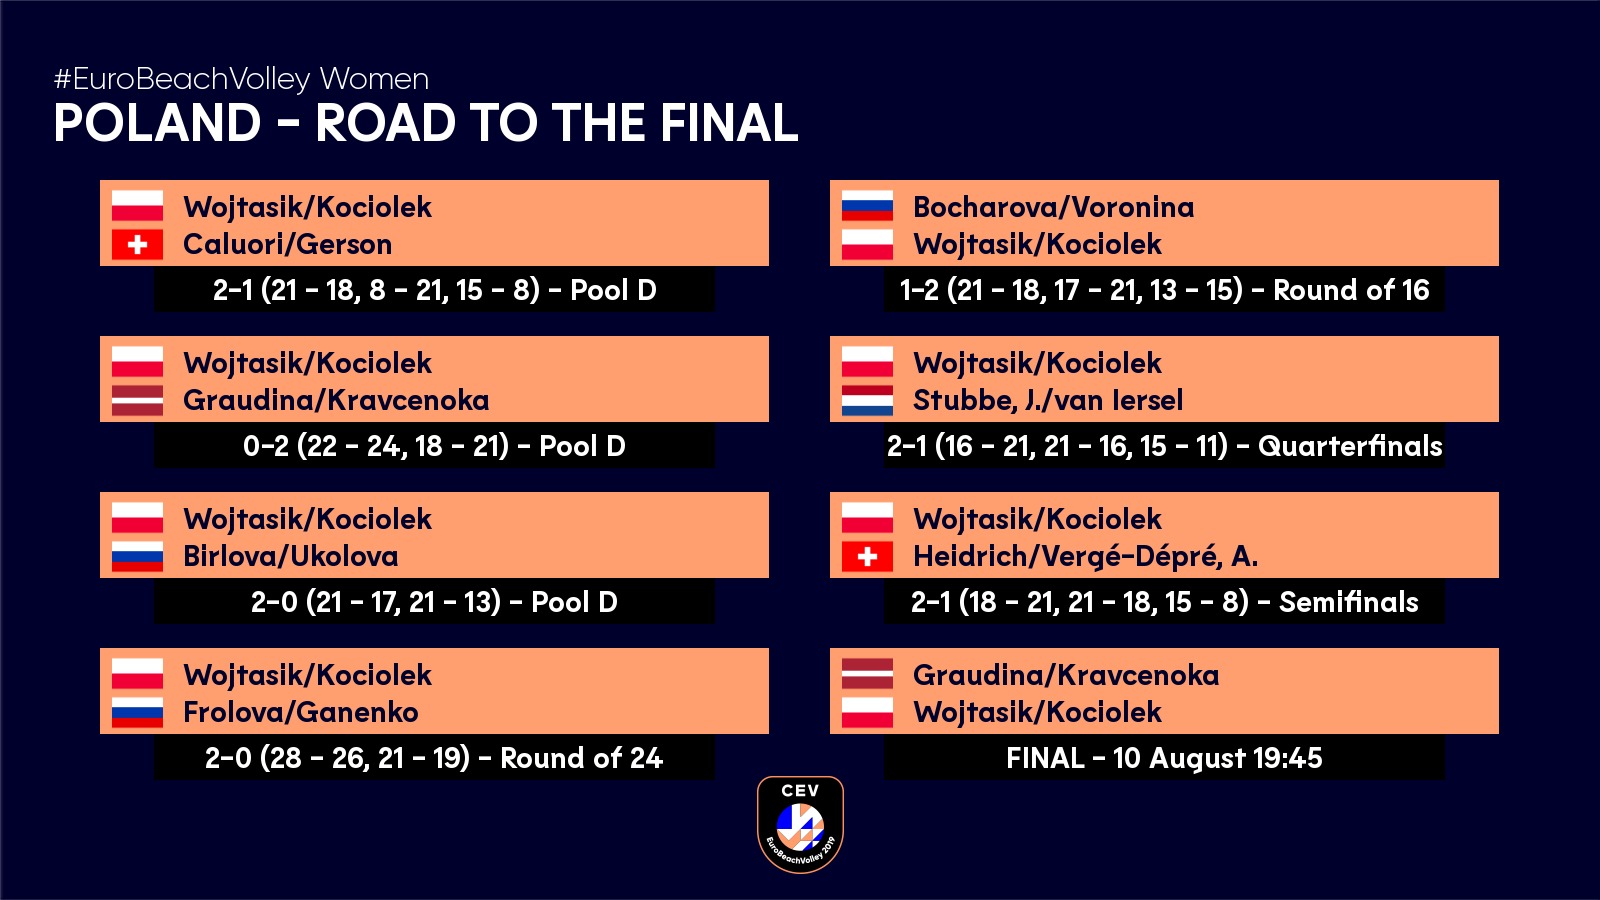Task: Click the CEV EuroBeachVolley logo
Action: [x=800, y=824]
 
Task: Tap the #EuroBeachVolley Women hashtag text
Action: [x=241, y=79]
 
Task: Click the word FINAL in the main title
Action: [x=729, y=123]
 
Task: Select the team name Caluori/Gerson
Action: [x=287, y=244]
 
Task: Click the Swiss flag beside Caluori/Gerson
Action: [x=137, y=244]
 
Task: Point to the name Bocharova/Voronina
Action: [x=1054, y=207]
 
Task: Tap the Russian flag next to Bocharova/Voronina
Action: [x=867, y=206]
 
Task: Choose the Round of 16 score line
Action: [x=1164, y=290]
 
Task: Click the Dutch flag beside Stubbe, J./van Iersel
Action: [x=867, y=400]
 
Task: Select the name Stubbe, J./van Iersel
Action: [x=1048, y=400]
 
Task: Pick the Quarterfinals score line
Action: [x=1164, y=446]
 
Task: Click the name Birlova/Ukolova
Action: [x=291, y=556]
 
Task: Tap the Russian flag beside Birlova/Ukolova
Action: [x=137, y=556]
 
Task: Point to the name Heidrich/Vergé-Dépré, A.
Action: [x=1086, y=556]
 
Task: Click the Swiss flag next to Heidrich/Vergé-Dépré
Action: [x=867, y=556]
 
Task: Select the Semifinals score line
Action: [x=1164, y=601]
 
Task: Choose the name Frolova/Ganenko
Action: [x=301, y=711]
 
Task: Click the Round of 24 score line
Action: [x=434, y=757]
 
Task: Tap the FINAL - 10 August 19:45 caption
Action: [x=1164, y=758]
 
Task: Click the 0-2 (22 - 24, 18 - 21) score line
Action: [x=434, y=446]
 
